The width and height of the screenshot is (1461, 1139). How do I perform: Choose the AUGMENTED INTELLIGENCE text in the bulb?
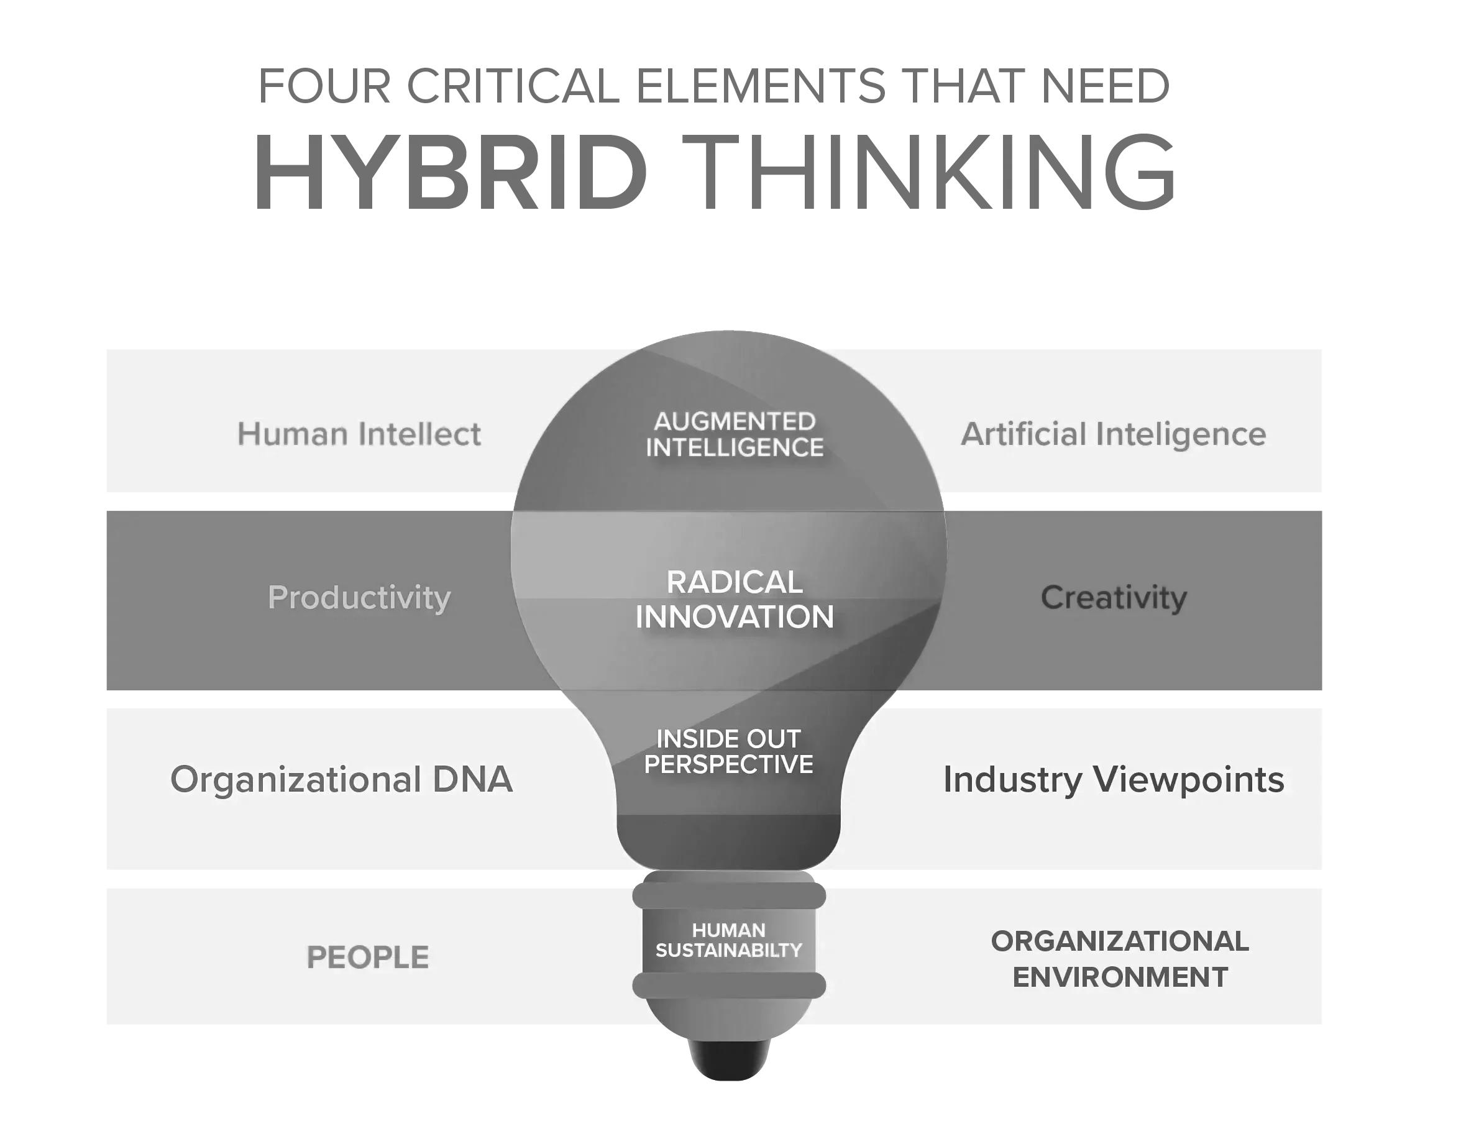[735, 435]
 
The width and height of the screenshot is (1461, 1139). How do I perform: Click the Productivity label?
[359, 597]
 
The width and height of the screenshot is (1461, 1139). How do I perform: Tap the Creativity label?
[1114, 597]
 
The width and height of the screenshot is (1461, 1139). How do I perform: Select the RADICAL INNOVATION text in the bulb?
[735, 600]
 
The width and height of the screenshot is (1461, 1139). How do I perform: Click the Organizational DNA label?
[341, 780]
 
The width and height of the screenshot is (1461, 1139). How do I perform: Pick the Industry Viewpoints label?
[1114, 780]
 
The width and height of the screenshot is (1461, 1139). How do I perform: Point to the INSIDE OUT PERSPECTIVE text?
[728, 752]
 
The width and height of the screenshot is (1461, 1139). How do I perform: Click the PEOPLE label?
[368, 957]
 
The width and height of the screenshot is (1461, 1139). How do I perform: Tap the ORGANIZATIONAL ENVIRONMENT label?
[1120, 959]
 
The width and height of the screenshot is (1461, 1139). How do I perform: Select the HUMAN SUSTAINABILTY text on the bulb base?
[728, 940]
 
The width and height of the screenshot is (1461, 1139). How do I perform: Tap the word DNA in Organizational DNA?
[472, 780]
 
